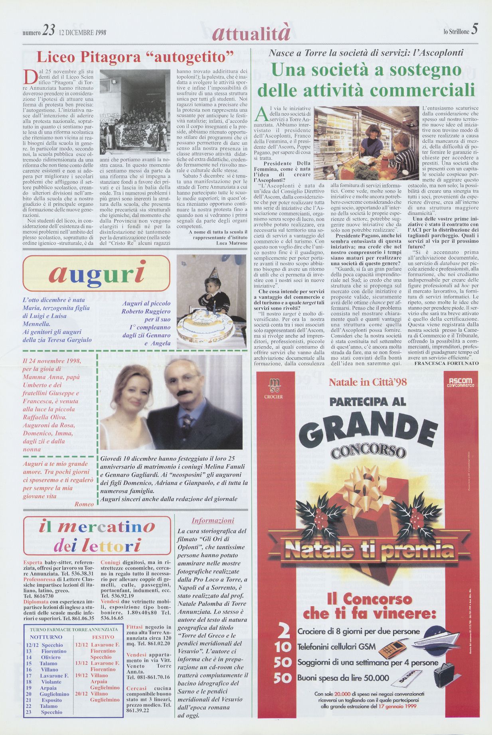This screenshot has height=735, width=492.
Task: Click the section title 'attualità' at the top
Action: (x=251, y=33)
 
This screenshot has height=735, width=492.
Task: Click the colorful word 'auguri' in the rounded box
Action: (x=97, y=274)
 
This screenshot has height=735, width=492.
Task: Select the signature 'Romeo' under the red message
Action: (x=84, y=504)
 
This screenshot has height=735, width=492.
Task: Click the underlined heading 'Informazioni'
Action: (x=213, y=520)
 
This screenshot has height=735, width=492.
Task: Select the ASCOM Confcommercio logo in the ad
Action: (x=460, y=382)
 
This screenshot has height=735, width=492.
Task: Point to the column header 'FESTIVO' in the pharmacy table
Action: (x=103, y=637)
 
